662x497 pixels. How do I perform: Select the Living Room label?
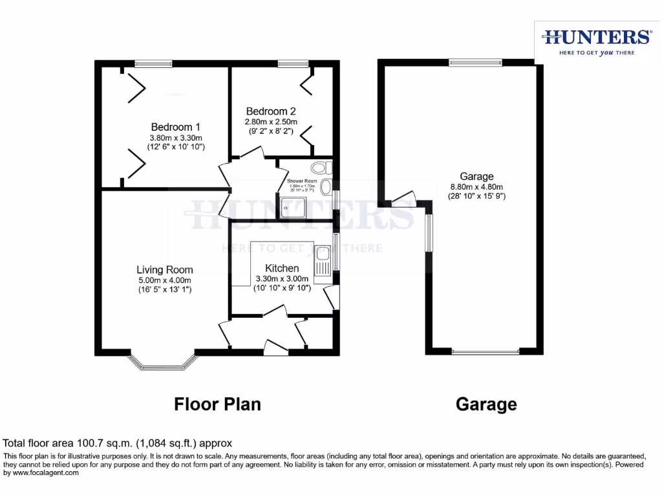pos(164,270)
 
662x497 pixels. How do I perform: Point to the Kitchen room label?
pos(282,268)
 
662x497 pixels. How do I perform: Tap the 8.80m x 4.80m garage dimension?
pos(476,187)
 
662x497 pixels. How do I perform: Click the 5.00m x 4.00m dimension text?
pos(164,280)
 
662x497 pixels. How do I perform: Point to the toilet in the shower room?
pos(325,168)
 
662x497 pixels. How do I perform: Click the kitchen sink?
pos(322,263)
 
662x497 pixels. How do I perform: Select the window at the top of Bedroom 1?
pos(154,63)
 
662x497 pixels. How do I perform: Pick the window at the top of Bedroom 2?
pos(293,63)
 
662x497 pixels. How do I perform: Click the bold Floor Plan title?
pos(218,404)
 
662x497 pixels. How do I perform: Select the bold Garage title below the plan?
pos(486,404)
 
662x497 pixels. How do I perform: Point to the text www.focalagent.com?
pos(41,473)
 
